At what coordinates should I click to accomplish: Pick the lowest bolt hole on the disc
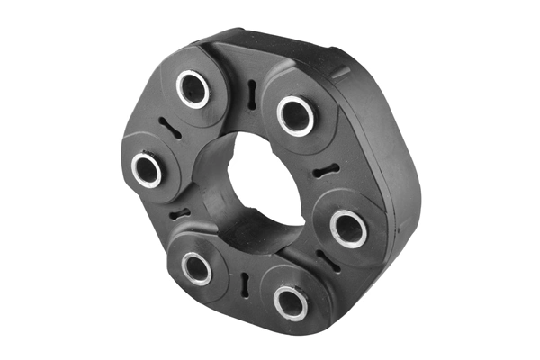click(x=291, y=301)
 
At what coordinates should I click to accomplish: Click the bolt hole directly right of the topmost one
click(x=294, y=113)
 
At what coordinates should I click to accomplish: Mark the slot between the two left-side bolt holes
click(x=180, y=214)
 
